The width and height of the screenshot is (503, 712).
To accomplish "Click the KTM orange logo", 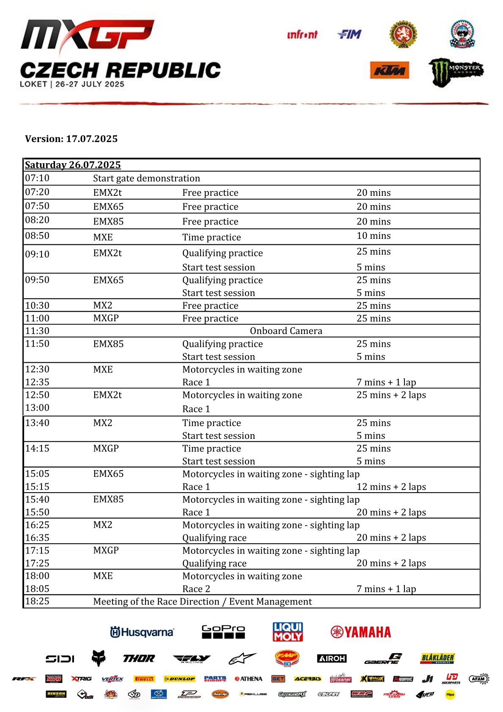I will [389, 70].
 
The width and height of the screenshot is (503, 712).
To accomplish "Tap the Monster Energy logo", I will [456, 72].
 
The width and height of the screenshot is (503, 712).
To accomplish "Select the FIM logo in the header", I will [349, 34].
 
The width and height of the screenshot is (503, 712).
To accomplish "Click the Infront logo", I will [302, 35].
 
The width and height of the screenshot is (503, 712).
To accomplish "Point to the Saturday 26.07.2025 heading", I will [73, 165].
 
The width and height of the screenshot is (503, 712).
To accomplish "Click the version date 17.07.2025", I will [92, 139].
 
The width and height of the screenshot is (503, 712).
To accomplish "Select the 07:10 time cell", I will [37, 178].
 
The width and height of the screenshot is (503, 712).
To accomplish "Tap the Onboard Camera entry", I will [286, 331].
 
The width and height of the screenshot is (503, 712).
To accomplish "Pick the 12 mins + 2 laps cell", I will [391, 487].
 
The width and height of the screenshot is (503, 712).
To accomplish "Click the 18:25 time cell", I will [37, 601].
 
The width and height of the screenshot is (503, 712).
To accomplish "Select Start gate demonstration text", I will [146, 178].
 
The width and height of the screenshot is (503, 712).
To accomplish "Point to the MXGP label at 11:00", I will [106, 318].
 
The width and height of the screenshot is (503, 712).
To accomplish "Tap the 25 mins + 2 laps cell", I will [391, 395].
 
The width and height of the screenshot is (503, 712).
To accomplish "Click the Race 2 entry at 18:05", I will [196, 589].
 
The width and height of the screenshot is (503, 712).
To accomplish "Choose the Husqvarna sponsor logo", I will [142, 632].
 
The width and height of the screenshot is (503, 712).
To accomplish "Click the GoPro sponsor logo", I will [223, 632].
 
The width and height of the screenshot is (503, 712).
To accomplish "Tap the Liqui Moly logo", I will [288, 632].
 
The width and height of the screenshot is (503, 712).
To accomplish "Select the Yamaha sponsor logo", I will [361, 632].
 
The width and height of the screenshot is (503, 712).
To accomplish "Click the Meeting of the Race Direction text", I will [202, 602].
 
